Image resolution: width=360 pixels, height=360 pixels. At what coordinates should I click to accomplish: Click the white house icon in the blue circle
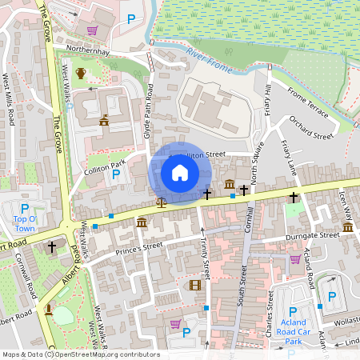click(x=180, y=173)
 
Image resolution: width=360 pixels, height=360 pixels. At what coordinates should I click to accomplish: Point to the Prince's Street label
click(x=141, y=245)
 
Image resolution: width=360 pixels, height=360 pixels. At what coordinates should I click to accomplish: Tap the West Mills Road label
click(x=9, y=101)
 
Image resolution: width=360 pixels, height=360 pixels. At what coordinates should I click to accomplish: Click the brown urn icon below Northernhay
click(x=80, y=74)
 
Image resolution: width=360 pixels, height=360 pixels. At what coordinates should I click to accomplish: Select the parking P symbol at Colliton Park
click(x=116, y=174)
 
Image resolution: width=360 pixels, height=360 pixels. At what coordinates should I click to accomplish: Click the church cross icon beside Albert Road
click(x=52, y=247)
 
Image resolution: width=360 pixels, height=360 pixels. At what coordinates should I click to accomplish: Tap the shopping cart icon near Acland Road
click(x=295, y=258)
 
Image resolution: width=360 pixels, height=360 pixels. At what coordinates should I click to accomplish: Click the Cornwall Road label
click(x=25, y=285)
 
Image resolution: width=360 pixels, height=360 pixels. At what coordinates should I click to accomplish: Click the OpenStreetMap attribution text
click(x=80, y=354)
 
